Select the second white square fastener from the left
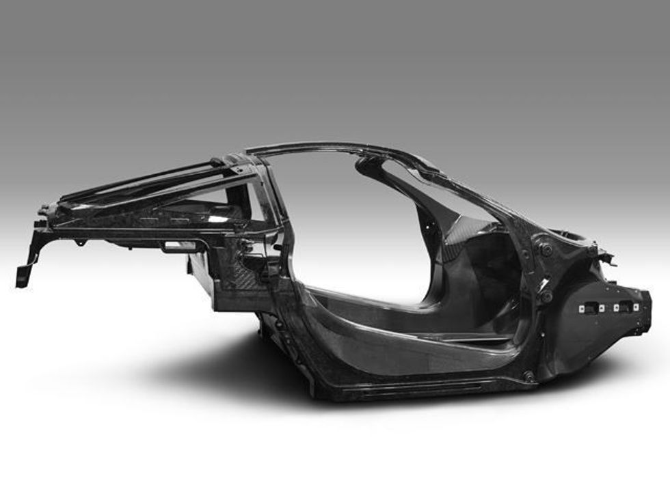(x=602, y=308)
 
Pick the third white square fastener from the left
(x=617, y=308)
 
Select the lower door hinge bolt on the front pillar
(x=546, y=296)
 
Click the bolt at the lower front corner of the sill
(x=528, y=375)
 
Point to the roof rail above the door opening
(x=342, y=148)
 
